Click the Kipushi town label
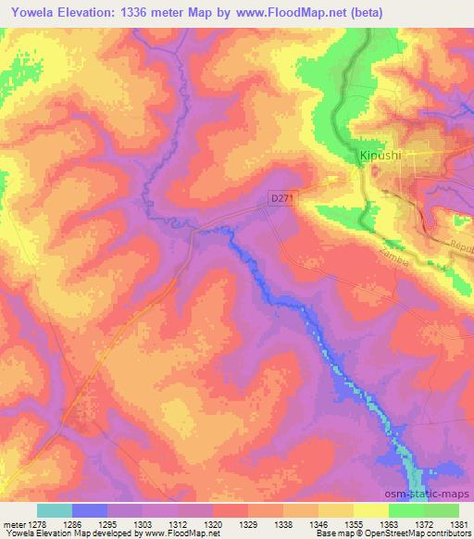(380, 157)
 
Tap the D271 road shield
(281, 199)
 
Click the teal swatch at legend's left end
(55, 510)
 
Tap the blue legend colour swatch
(90, 510)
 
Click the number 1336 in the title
(140, 12)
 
